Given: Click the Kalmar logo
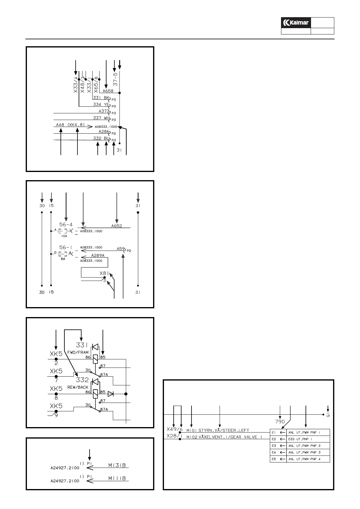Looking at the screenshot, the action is [x=296, y=23].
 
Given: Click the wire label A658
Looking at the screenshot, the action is [x=108, y=91].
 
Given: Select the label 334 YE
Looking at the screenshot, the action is [x=101, y=105].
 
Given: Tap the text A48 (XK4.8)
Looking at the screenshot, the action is [x=70, y=125].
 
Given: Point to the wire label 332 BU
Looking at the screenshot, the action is [x=101, y=138].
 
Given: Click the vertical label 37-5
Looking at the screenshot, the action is [x=116, y=79].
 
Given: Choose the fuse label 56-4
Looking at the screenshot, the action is [x=66, y=225].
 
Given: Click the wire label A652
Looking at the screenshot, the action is [x=116, y=225].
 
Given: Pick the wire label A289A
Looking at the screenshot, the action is [x=98, y=255].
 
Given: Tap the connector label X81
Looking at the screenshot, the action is [x=104, y=274].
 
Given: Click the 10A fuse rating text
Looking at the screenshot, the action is [x=64, y=236].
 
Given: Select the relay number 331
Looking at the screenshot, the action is [x=82, y=345].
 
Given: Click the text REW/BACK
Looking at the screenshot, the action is [x=78, y=387].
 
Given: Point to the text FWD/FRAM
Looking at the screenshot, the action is [x=78, y=352].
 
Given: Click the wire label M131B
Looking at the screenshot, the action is [x=117, y=465].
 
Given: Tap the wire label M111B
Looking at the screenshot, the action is [x=117, y=478].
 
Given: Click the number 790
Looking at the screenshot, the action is [x=280, y=422].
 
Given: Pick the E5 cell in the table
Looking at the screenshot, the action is [x=273, y=459].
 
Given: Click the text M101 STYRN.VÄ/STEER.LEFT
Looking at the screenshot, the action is [x=218, y=430].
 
